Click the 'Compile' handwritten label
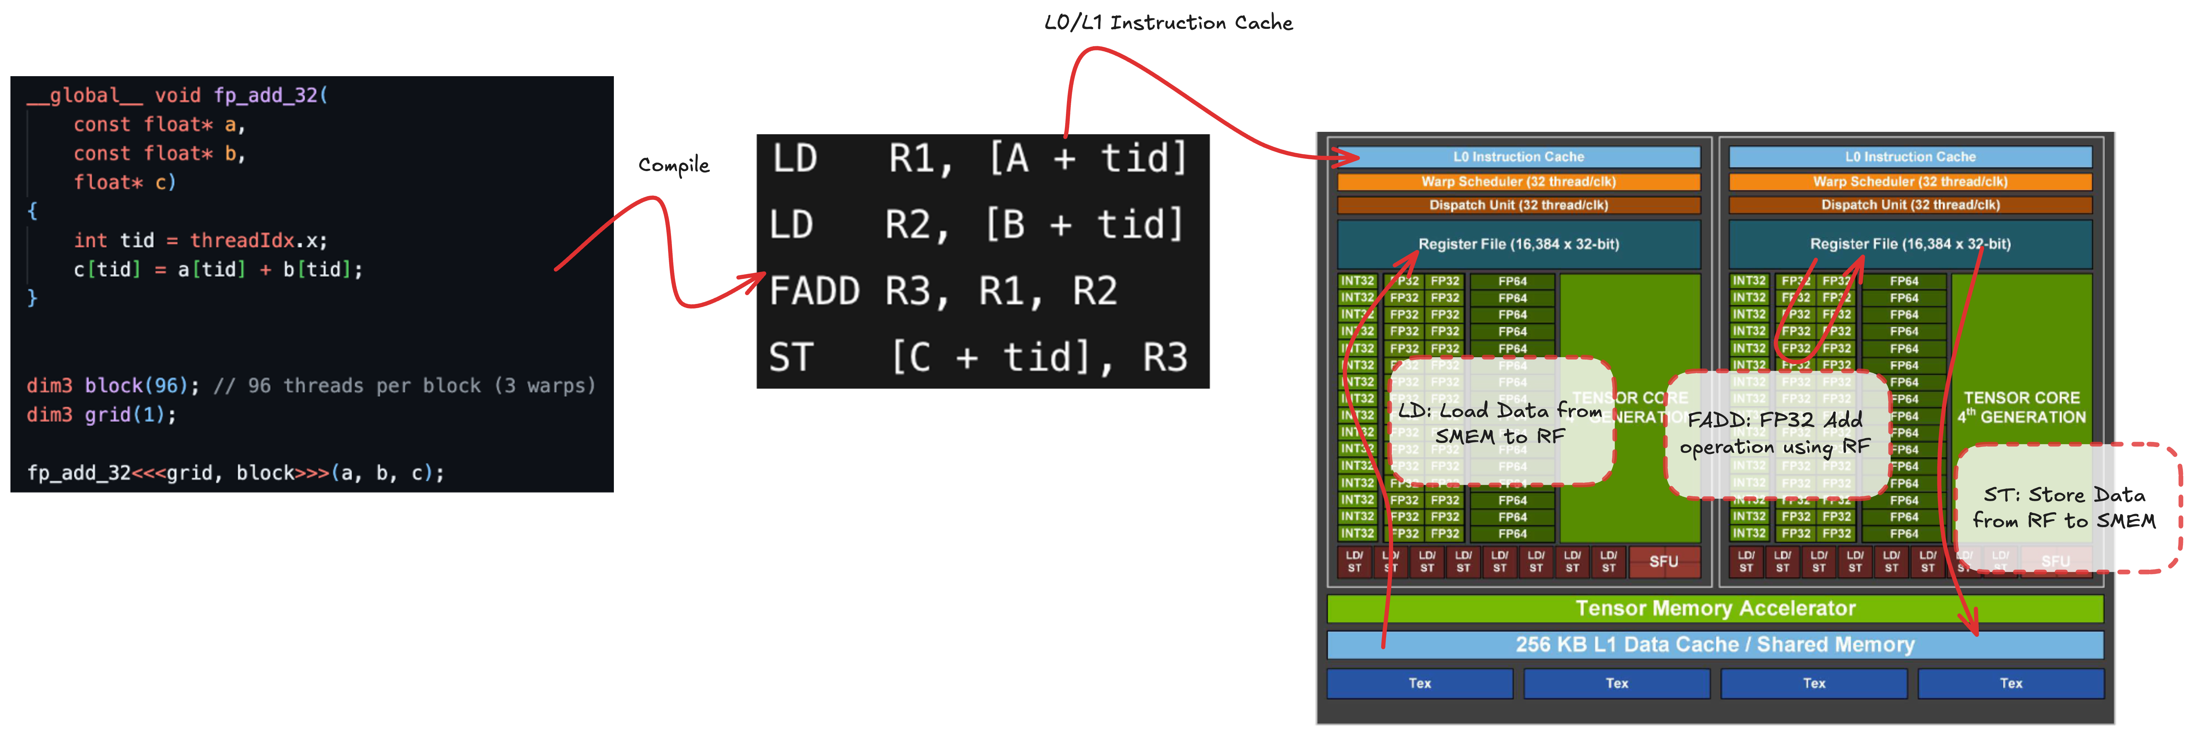pos(674,165)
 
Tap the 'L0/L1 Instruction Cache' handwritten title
pos(1168,23)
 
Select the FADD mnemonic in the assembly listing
pos(814,291)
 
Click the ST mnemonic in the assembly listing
pos(791,357)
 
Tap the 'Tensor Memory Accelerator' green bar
pos(1715,608)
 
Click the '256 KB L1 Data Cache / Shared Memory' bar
pos(1715,645)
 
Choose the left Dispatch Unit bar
pos(1518,205)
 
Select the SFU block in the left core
pos(1664,561)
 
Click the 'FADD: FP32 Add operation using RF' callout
pos(1776,434)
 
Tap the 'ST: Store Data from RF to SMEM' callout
pos(2065,508)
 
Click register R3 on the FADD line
pos(917,291)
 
